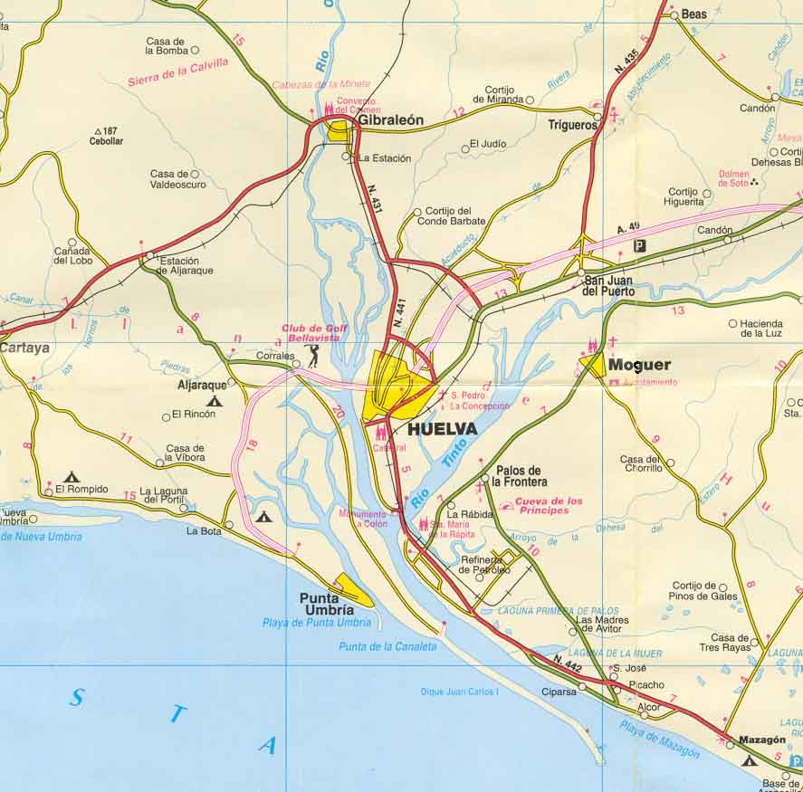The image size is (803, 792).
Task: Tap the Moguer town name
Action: point(639,365)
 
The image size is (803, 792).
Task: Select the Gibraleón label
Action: point(390,119)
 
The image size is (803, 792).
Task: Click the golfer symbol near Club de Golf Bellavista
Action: point(313,355)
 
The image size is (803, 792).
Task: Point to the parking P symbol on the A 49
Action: point(640,245)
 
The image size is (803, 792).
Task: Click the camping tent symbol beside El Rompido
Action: point(72,476)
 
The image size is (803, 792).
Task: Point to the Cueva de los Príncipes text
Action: point(549,505)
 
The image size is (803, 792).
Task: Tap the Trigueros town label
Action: point(573,126)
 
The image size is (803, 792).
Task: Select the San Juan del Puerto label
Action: point(608,286)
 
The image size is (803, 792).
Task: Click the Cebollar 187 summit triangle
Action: point(97,132)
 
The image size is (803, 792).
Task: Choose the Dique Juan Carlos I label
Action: point(460,692)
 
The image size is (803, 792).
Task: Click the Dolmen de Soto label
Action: point(733,178)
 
